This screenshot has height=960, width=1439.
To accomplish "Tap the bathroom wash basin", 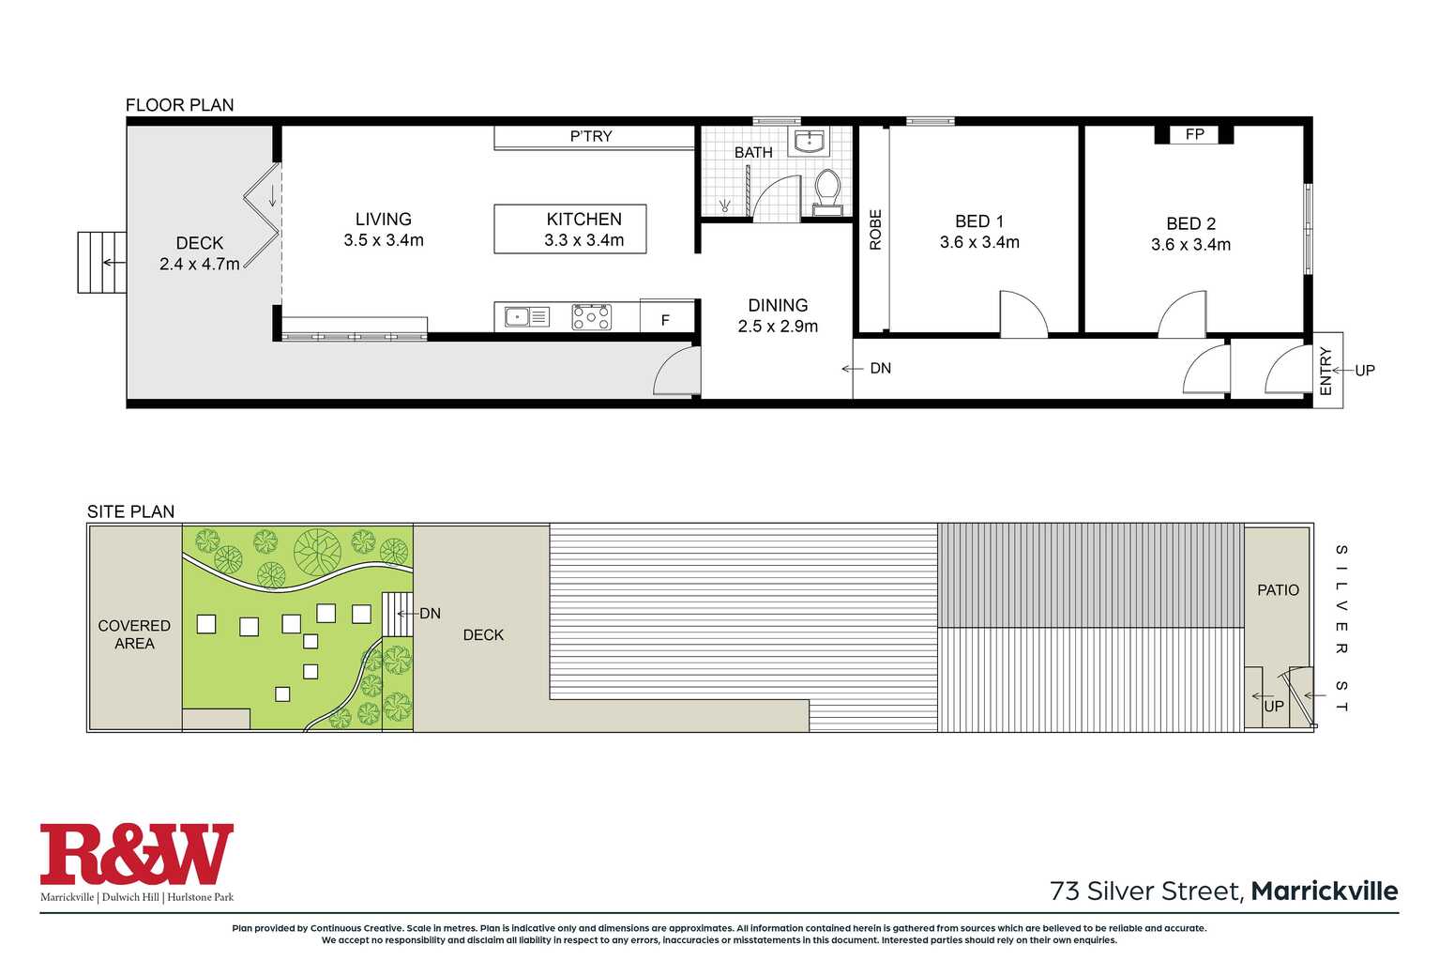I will (809, 143).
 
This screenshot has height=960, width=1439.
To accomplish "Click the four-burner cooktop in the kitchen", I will (592, 317).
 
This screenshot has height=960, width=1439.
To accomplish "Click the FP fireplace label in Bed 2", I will (1194, 134).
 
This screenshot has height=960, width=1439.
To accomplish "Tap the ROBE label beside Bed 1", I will (875, 230).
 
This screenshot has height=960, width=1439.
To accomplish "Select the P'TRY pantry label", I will (591, 136).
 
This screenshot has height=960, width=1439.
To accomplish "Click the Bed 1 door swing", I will (1022, 314).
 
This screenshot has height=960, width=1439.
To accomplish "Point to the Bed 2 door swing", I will (1184, 316).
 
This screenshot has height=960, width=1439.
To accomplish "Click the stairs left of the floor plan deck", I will (101, 263).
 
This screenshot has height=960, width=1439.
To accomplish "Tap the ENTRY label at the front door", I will (1325, 371).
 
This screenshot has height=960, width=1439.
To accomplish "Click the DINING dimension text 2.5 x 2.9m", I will (778, 327).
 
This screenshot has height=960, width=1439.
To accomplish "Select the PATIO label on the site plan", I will (1278, 590).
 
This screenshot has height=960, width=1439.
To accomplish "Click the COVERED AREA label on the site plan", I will (134, 634).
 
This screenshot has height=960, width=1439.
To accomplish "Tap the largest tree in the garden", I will (317, 552).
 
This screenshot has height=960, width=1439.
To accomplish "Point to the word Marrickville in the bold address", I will (1324, 891).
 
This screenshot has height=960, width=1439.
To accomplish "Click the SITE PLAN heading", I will (130, 511).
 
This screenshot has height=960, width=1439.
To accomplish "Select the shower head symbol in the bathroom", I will (724, 206).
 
